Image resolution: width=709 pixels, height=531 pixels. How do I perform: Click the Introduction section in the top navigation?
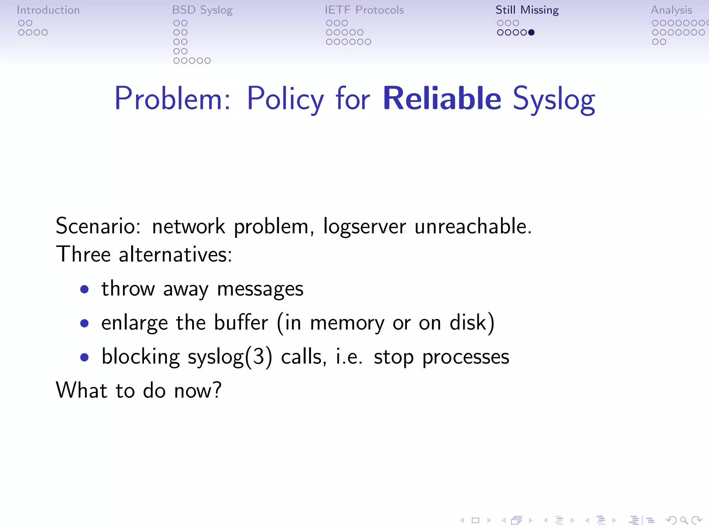point(48,10)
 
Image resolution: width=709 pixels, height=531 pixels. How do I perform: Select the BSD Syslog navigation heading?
point(202,10)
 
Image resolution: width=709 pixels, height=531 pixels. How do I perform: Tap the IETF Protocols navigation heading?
point(364,10)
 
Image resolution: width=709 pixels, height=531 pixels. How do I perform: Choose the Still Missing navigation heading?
point(527,10)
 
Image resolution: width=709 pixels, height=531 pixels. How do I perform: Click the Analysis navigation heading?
point(671,10)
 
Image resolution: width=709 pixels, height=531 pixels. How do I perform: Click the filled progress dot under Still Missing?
point(531,32)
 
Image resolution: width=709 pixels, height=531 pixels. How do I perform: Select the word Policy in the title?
point(285,100)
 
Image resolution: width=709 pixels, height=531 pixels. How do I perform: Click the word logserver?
point(364,227)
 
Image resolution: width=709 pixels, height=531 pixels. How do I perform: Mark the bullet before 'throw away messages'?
point(84,289)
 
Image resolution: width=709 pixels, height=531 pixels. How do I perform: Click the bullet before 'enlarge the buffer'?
point(84,323)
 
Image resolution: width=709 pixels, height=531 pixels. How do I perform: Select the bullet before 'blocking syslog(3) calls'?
point(84,357)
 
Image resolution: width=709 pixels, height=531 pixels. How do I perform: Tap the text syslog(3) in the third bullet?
point(230,357)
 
